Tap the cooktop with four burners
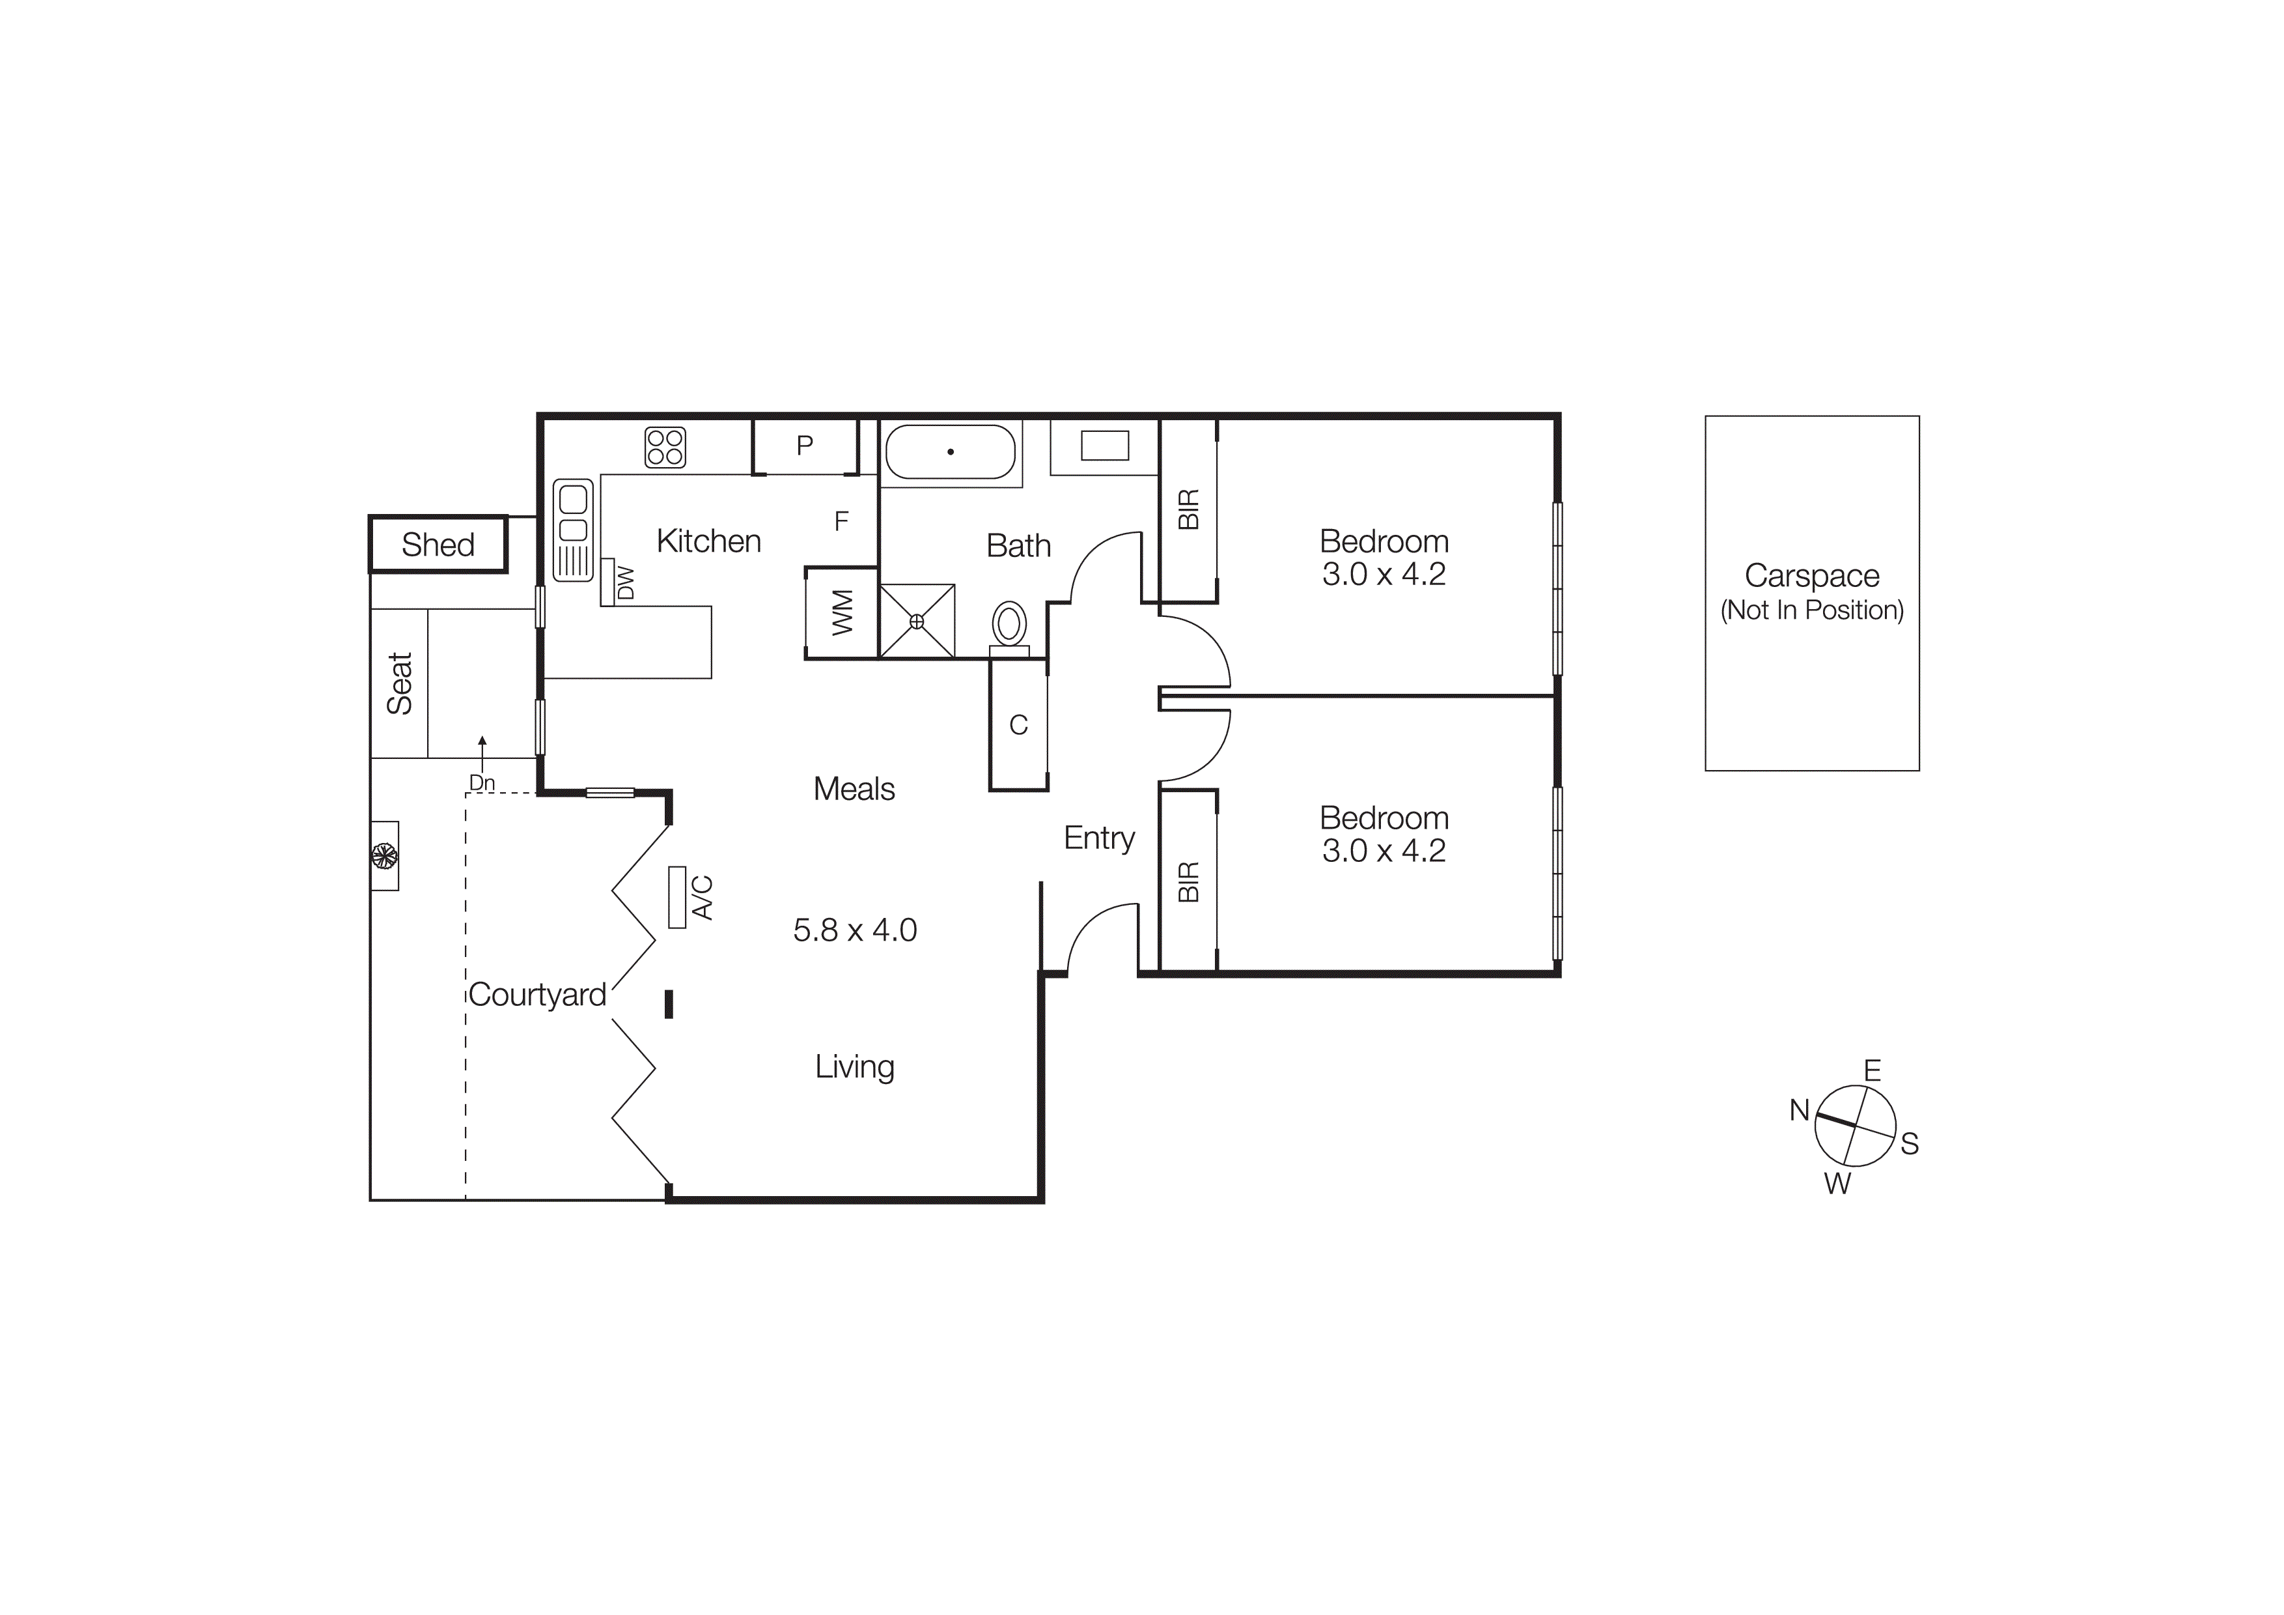point(665,447)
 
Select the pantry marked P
point(805,446)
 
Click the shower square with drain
point(917,621)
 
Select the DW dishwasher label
point(626,583)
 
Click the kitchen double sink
point(573,530)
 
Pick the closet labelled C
point(1019,724)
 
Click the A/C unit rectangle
point(677,896)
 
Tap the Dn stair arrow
point(482,761)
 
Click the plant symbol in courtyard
point(384,855)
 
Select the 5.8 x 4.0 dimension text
point(854,930)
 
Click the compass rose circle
point(1854,1126)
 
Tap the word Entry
point(1098,838)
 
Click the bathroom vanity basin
point(1104,446)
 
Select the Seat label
point(399,683)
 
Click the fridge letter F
point(842,521)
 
